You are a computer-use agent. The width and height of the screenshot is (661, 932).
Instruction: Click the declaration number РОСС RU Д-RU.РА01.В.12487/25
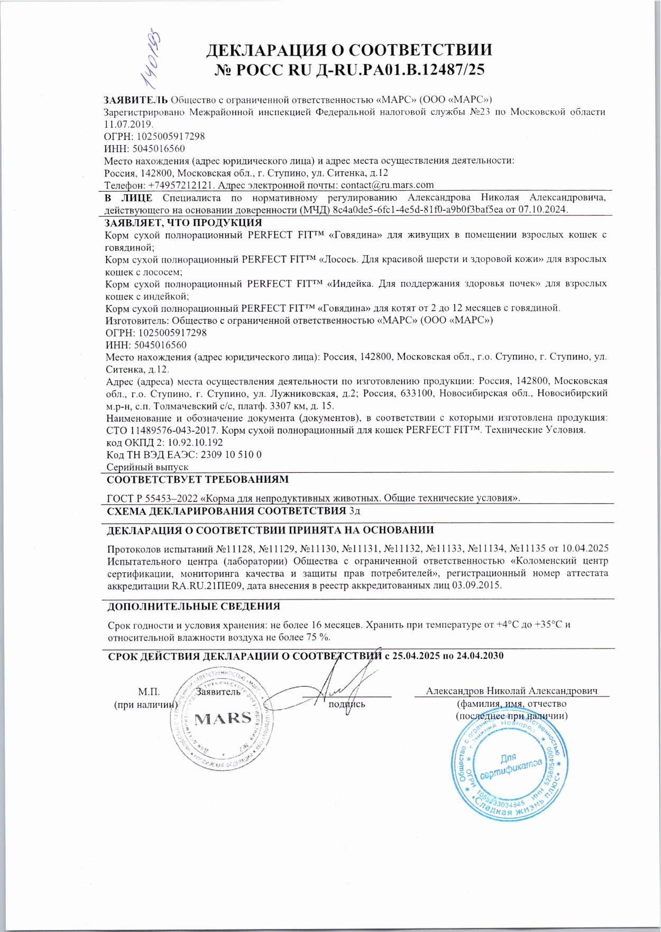[x=350, y=70]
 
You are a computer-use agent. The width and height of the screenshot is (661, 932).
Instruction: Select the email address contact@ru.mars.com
[x=387, y=185]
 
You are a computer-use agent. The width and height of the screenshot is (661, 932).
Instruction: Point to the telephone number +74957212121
[x=181, y=185]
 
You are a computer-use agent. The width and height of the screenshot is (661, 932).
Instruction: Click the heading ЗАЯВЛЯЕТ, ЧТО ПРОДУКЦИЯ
[x=183, y=222]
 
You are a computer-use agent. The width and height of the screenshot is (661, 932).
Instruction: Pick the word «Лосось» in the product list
[x=339, y=259]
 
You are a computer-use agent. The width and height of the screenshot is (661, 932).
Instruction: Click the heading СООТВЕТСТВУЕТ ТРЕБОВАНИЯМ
[x=198, y=480]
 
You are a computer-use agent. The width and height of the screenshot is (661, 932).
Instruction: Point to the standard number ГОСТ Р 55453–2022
[x=154, y=498]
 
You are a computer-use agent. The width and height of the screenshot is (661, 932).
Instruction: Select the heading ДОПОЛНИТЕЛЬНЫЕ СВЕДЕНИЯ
[x=194, y=607]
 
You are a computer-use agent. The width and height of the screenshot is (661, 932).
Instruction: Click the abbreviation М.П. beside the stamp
[x=149, y=692]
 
